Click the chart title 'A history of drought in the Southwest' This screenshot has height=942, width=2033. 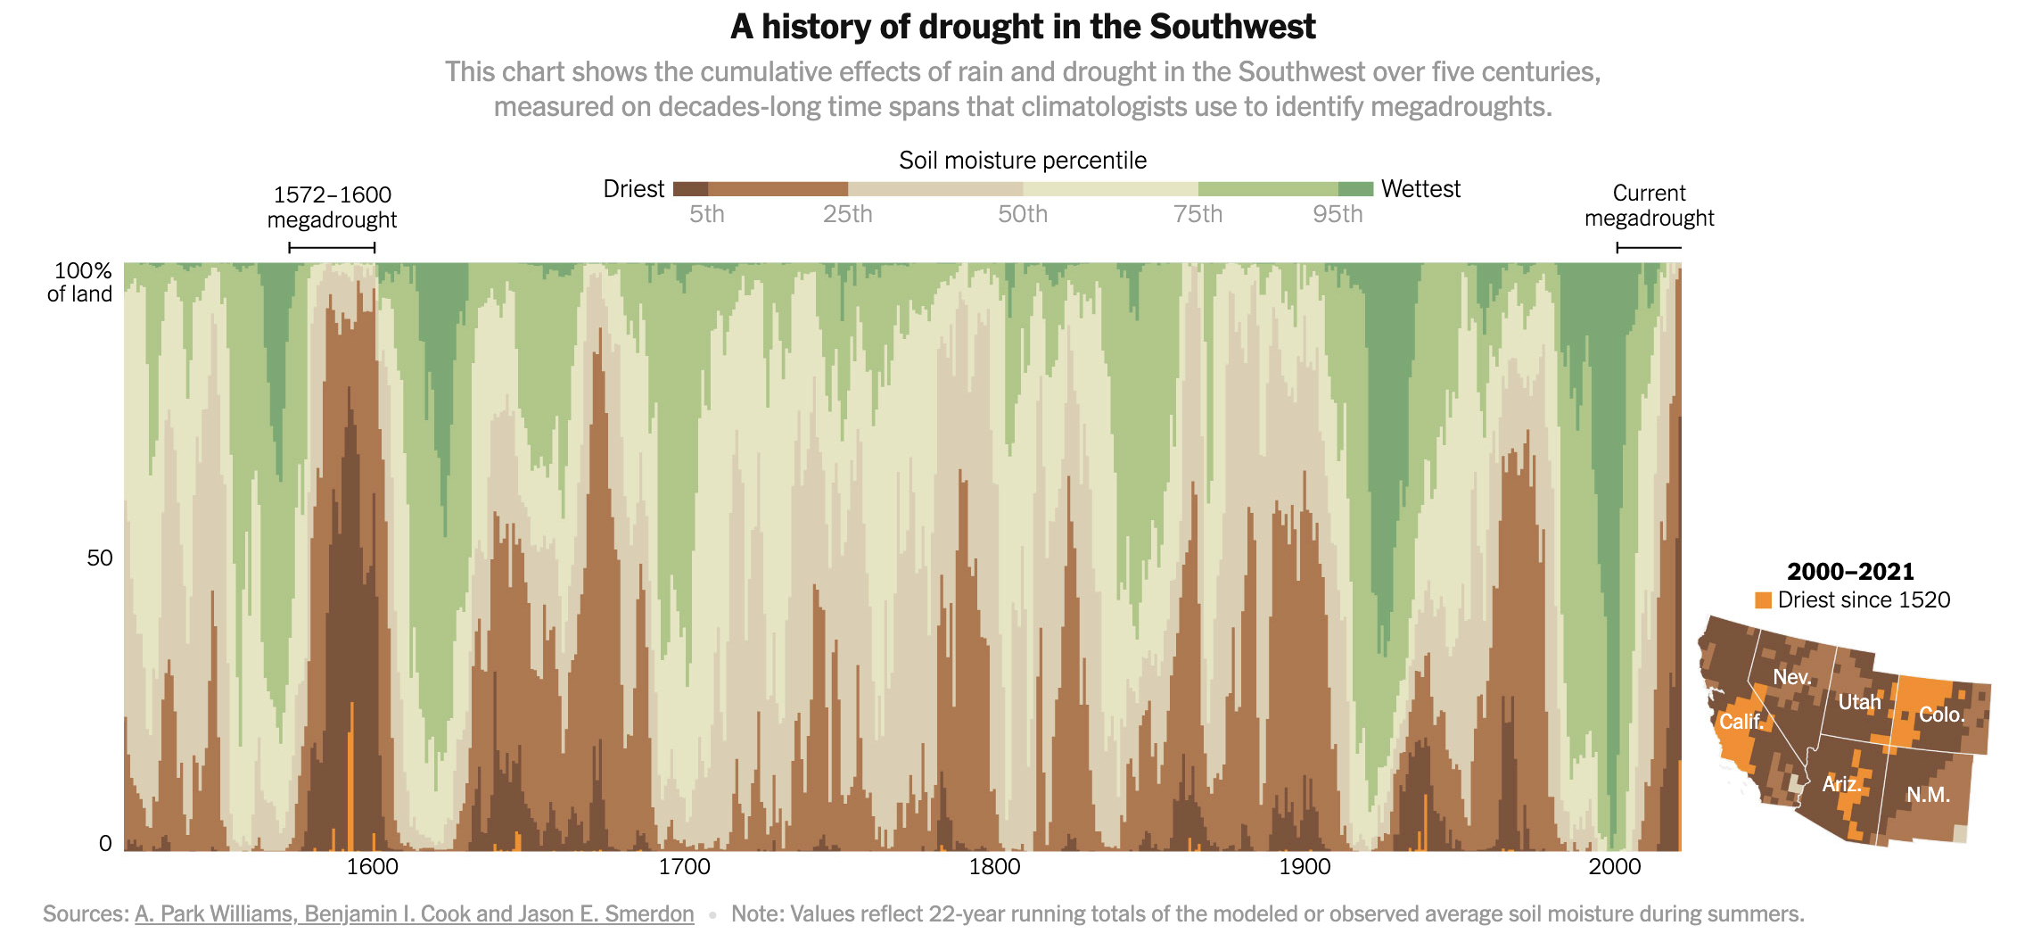pos(1023,27)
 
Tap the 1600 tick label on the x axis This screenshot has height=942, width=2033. pos(372,866)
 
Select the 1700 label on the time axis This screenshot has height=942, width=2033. pos(684,866)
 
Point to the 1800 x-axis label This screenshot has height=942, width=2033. pos(994,866)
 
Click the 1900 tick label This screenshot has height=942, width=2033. pos(1305,866)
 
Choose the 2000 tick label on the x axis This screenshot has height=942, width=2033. pos(1615,866)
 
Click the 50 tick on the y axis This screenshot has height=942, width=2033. pos(100,558)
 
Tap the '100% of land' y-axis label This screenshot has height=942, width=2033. pos(81,282)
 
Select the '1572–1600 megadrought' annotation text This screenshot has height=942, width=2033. pos(332,207)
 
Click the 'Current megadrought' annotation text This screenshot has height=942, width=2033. pos(1649,205)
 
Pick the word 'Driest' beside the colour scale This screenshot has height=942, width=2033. pos(633,189)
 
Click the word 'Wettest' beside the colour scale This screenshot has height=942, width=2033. pos(1420,189)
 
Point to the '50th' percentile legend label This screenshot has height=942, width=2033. pos(1023,214)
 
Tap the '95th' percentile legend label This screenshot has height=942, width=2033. pos(1337,214)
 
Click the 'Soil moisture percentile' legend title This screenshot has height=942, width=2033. pos(1023,161)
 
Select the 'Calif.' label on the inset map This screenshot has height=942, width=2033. pos(1741,721)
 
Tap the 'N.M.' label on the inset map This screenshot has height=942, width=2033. pos(1928,795)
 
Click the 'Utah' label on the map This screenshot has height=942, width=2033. pos(1859,702)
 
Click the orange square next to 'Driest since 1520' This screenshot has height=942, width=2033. pos(1763,600)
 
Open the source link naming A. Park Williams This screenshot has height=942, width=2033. pos(414,913)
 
